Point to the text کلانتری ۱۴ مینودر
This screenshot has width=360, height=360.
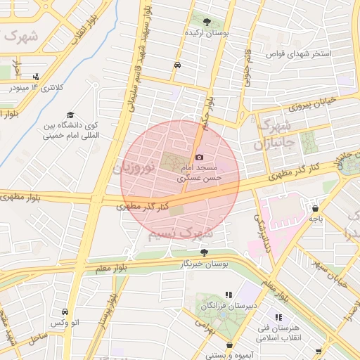click(36, 88)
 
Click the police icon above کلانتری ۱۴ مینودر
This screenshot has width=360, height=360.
click(36, 77)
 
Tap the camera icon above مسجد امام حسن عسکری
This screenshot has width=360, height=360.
click(200, 157)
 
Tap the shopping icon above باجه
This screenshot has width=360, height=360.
click(314, 208)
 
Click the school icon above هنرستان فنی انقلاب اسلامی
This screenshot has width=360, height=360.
click(278, 318)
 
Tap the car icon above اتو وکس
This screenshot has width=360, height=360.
click(64, 311)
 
